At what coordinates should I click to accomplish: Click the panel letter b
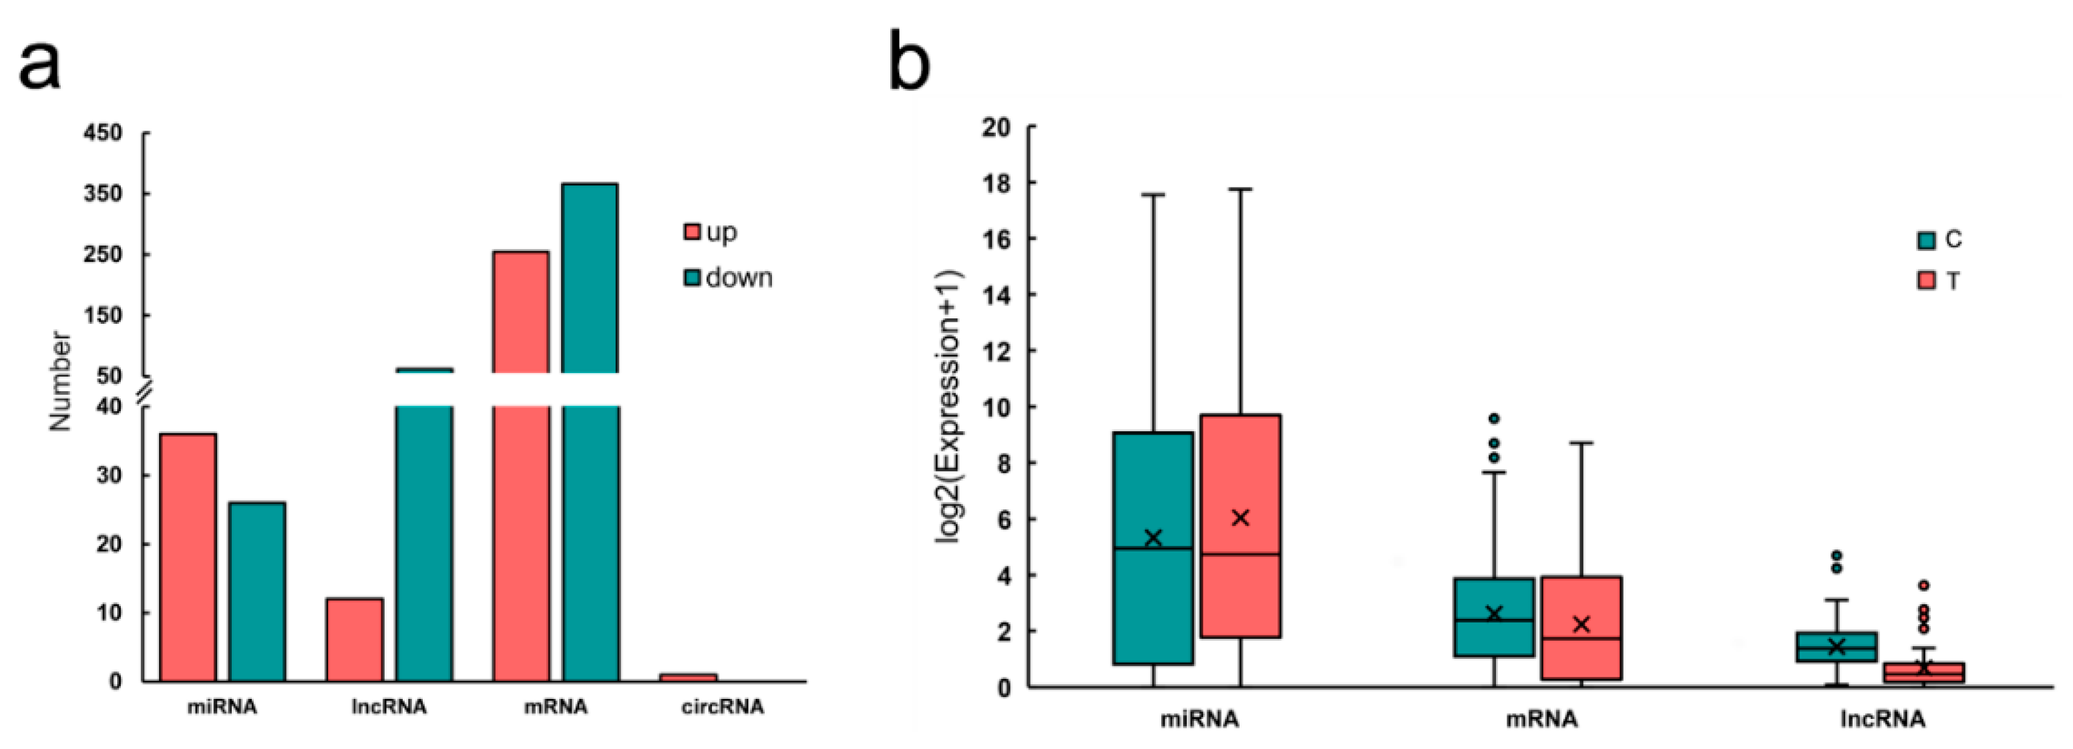tap(910, 60)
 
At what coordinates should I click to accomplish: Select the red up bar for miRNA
tap(188, 557)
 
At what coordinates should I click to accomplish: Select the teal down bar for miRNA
tap(256, 591)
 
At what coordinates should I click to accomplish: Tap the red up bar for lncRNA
tap(354, 640)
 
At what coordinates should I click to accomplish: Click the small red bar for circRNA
tap(688, 678)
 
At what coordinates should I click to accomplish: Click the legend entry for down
tap(727, 278)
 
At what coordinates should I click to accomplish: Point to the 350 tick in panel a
tap(103, 194)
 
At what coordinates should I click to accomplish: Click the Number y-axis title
tap(60, 381)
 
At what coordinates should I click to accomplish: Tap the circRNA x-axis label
tap(722, 707)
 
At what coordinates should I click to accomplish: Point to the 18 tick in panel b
tap(998, 183)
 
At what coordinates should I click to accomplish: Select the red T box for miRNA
tap(1240, 526)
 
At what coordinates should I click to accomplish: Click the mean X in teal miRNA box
tap(1153, 538)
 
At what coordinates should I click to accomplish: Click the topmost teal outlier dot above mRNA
tap(1493, 419)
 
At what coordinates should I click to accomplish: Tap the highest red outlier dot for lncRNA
tap(1923, 585)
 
